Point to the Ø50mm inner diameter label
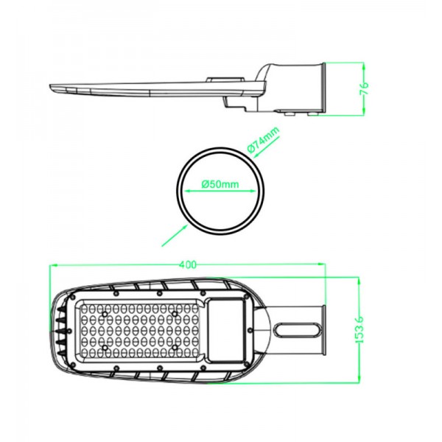coord(220,185)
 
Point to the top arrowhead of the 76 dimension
coord(365,64)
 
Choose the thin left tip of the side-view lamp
coord(53,89)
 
